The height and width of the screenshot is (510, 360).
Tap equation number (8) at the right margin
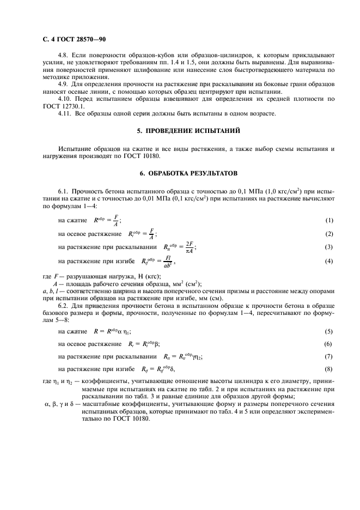(x=328, y=370)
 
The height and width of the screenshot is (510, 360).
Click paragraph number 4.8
(x=64, y=56)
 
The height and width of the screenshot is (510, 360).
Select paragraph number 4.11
(x=65, y=113)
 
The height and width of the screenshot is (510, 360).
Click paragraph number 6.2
(x=64, y=305)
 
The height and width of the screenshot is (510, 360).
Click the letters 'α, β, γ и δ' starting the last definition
(x=58, y=404)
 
